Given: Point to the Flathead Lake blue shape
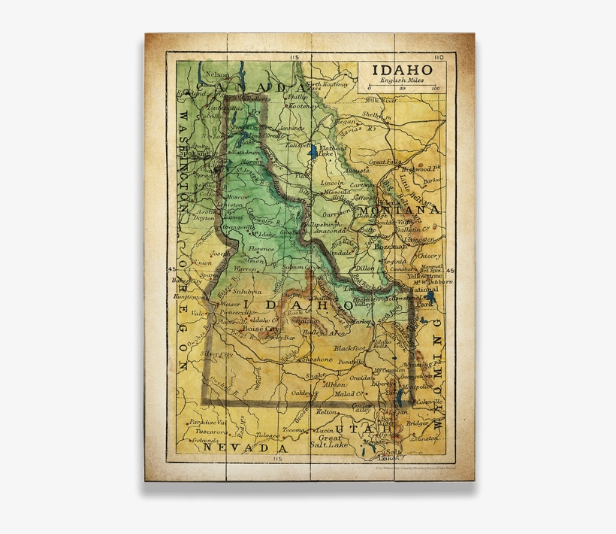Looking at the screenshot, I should pos(313,153).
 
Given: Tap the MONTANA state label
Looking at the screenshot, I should pos(399,210).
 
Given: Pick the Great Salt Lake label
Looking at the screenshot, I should pos(329,441).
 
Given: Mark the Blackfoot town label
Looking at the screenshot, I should pos(350,348).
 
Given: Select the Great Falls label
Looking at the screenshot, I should pos(385,162).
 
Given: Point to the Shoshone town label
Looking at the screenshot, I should pos(316,360).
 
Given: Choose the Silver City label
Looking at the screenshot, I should pos(216,352).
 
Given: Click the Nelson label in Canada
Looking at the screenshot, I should pos(217,74).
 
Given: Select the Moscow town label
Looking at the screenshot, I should pos(237,196).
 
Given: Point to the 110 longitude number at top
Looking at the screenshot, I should pos(439,57).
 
